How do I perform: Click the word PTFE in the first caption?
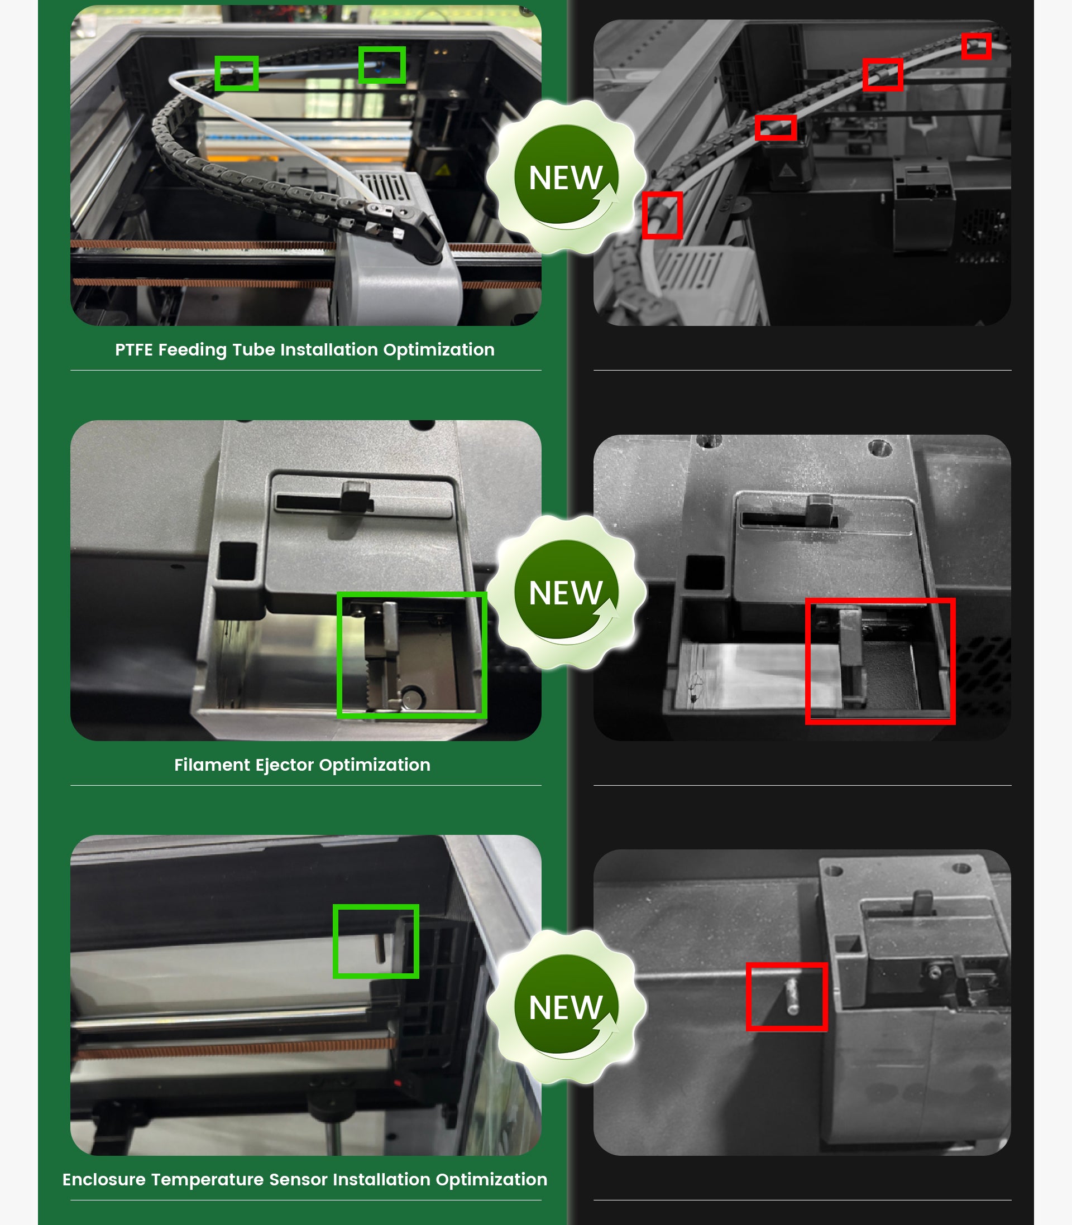[133, 350]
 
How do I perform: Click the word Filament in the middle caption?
[212, 765]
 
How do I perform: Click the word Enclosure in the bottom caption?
[104, 1180]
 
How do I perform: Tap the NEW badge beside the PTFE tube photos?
[566, 177]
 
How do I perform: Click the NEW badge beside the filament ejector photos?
[566, 592]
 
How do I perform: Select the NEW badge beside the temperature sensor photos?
[566, 1007]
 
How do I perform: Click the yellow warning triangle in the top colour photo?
[443, 171]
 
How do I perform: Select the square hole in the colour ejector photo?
[237, 561]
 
